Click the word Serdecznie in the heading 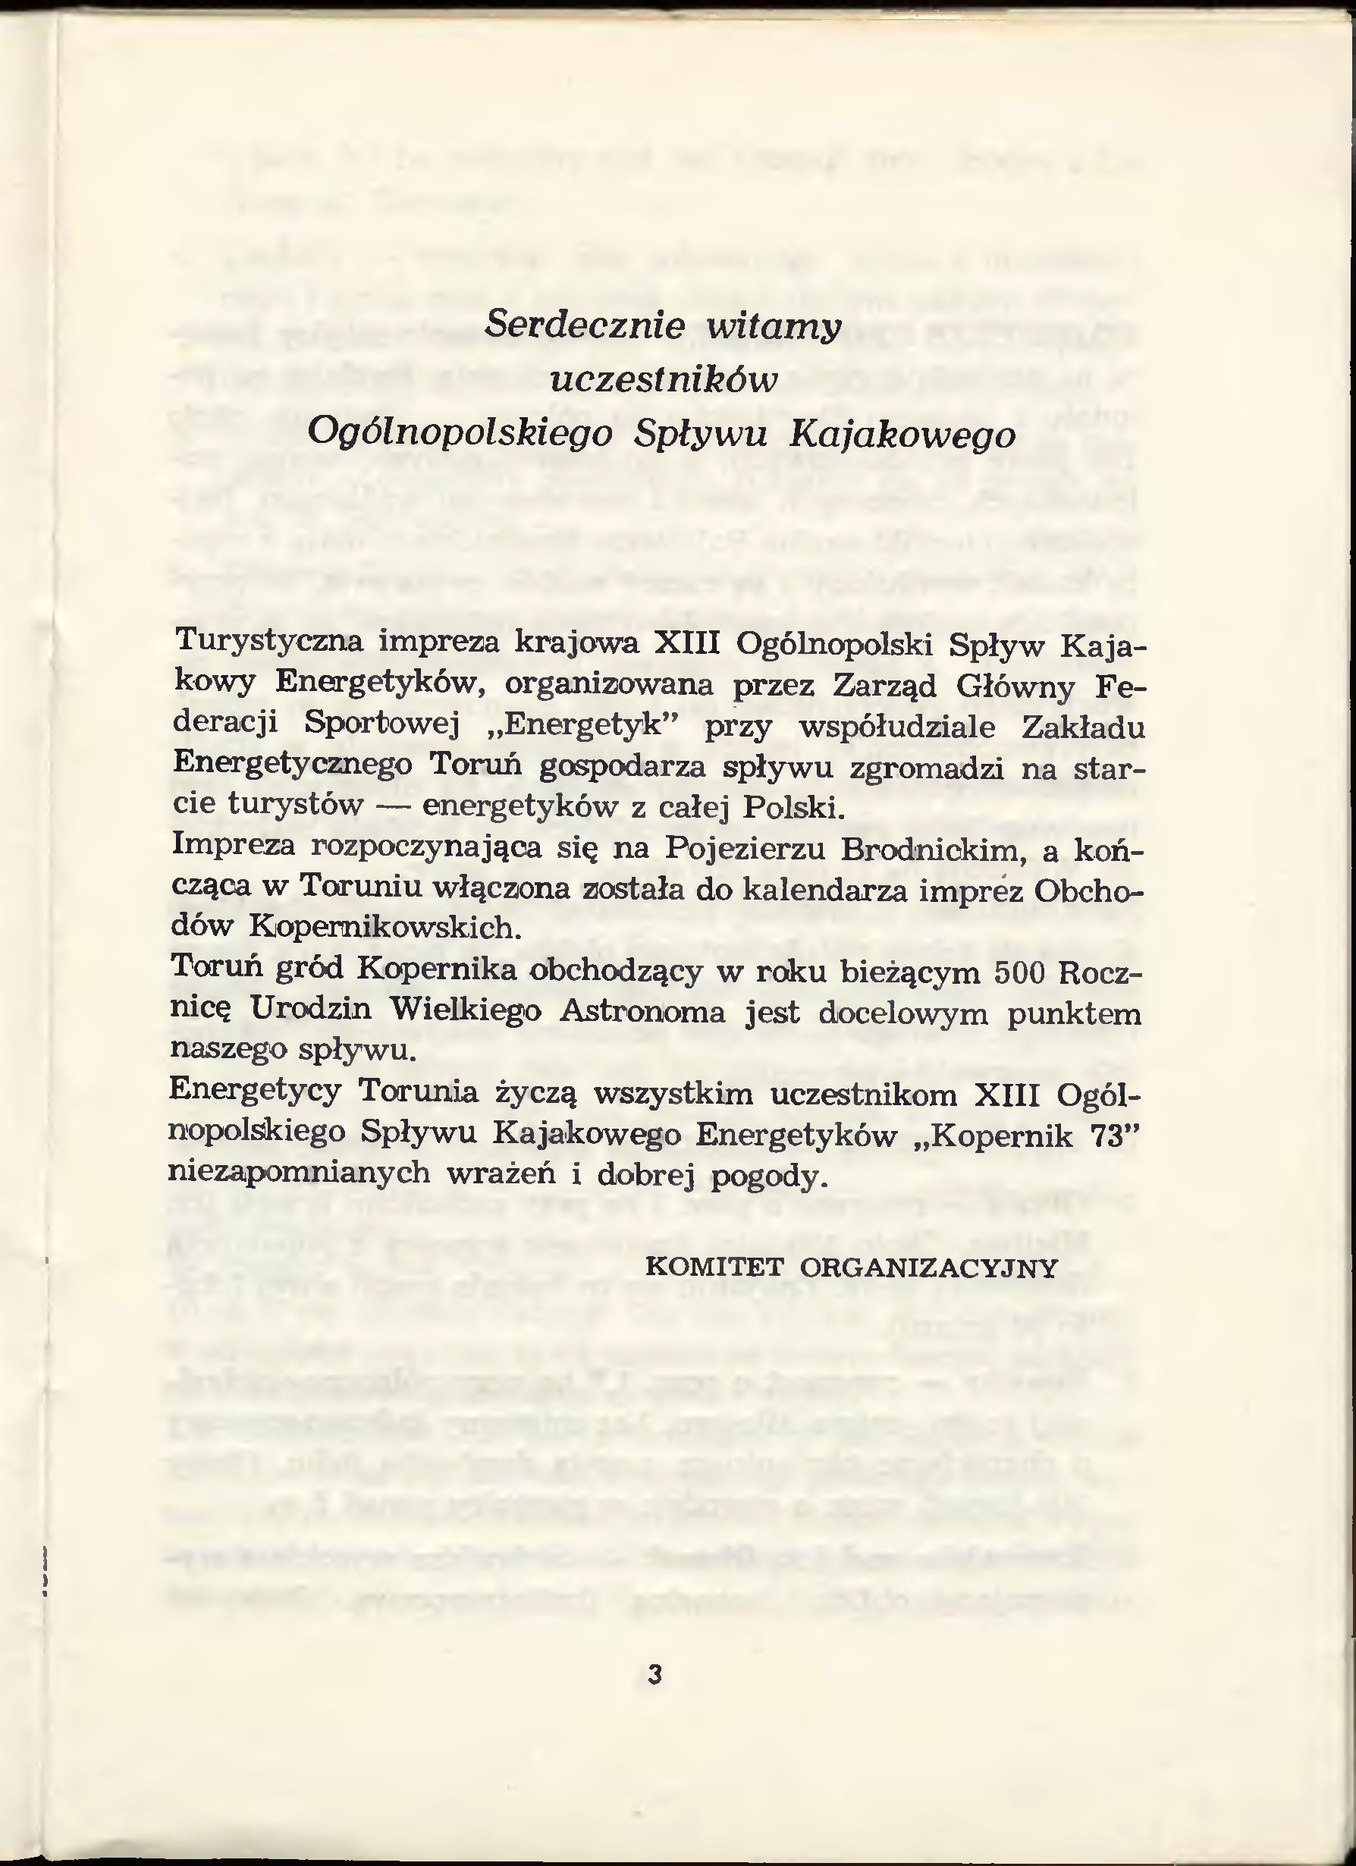[x=584, y=327]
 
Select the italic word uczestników [x=663, y=380]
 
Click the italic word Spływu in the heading [x=700, y=434]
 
